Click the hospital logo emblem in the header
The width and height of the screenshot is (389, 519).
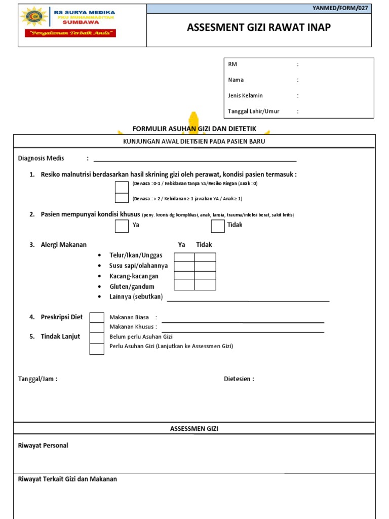click(x=34, y=17)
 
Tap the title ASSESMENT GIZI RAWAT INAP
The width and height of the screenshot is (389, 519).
click(x=259, y=28)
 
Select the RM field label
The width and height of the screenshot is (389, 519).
click(x=232, y=64)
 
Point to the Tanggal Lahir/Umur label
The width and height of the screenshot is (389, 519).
click(x=253, y=111)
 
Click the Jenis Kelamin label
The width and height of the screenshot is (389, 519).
click(x=245, y=95)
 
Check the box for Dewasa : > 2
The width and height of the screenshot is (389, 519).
click(x=122, y=198)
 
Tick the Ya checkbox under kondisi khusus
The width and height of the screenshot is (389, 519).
click(x=122, y=226)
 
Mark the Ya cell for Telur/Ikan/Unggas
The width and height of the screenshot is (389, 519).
click(x=184, y=257)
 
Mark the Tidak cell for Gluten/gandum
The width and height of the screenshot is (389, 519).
click(x=205, y=285)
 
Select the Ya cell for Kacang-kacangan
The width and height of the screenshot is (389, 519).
click(x=184, y=276)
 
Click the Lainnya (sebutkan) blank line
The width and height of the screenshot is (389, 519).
click(x=248, y=300)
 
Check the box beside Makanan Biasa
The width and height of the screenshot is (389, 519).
click(x=97, y=318)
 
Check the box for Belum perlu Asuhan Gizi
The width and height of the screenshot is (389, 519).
click(x=97, y=338)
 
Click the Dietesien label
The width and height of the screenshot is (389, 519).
click(x=239, y=379)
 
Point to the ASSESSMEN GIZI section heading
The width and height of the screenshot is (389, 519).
click(x=194, y=429)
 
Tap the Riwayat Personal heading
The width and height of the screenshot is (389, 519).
click(x=43, y=446)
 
